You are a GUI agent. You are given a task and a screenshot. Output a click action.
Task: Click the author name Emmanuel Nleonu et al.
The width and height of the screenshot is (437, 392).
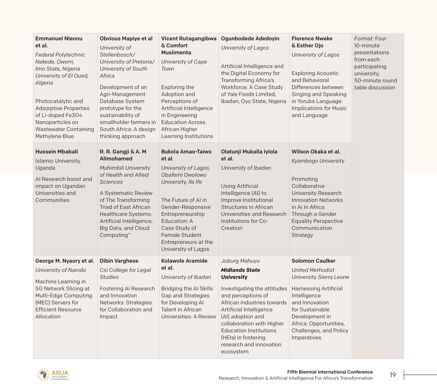(x=59, y=42)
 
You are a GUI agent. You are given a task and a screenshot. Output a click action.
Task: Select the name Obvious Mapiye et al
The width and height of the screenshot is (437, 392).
(x=126, y=39)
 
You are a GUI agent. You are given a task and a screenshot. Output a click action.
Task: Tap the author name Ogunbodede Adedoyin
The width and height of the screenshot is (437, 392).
(x=250, y=39)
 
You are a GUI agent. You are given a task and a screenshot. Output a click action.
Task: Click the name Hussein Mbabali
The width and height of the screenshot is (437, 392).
(x=57, y=152)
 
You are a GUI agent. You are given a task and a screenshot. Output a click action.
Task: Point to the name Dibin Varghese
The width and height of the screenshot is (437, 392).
(x=119, y=261)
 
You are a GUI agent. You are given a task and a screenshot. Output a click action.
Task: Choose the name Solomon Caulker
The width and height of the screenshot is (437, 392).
(x=313, y=261)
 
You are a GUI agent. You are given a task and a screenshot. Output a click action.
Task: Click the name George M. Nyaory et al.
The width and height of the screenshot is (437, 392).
(x=65, y=261)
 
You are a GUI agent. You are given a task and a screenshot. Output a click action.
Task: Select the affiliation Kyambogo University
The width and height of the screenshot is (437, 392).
(x=318, y=161)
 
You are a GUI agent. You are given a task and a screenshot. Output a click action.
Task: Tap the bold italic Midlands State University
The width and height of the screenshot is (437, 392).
(x=240, y=274)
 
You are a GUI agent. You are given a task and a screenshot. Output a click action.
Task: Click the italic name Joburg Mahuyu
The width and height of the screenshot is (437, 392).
(x=240, y=261)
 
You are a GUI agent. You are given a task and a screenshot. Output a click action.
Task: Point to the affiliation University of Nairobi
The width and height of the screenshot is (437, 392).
(x=61, y=270)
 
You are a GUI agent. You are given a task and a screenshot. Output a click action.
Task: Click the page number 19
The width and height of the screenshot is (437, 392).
(x=393, y=375)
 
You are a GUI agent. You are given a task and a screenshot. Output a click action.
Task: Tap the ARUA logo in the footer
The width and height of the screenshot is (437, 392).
(x=53, y=375)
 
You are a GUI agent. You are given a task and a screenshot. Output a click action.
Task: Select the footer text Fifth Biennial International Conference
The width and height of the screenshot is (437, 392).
(x=330, y=372)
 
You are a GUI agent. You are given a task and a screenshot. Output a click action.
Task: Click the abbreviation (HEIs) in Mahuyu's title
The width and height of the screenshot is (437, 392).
(x=229, y=338)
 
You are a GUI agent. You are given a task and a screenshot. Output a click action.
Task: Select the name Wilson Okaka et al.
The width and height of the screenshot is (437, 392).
(x=316, y=152)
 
